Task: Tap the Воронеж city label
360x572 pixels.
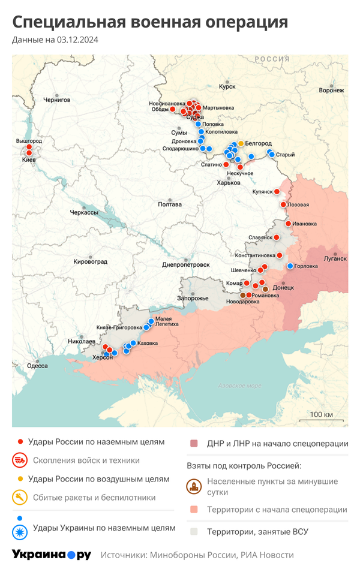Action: [x=331, y=91]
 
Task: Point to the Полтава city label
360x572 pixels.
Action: [x=169, y=204]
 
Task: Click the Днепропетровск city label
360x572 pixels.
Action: [x=186, y=264]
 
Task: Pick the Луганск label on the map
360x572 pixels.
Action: [x=335, y=259]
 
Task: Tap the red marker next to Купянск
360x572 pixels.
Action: [x=278, y=192]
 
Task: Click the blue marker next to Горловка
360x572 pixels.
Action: [x=290, y=266]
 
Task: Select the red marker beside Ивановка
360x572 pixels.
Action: [x=288, y=224]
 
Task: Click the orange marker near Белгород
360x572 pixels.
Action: [x=241, y=143]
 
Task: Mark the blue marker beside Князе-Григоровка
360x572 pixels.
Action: [x=146, y=327]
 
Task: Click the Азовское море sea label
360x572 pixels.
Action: [x=239, y=386]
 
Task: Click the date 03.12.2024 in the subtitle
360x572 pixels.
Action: [x=78, y=40]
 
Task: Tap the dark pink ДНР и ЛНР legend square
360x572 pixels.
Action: [x=194, y=444]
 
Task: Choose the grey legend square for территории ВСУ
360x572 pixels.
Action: [x=194, y=531]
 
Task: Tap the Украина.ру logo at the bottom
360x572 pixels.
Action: [x=52, y=555]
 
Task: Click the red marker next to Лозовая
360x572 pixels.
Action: [x=283, y=204]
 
